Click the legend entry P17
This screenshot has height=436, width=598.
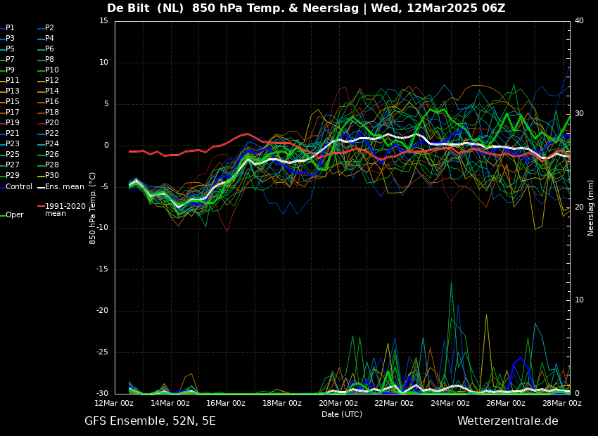pos(13,113)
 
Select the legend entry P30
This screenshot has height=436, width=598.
pos(52,176)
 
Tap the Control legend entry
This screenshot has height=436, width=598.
pos(18,187)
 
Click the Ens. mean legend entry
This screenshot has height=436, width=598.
pos(64,187)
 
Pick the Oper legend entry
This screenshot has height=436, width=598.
pos(14,215)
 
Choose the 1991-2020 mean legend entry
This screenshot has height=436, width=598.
pos(65,210)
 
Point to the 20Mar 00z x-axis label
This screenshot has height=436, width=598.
pos(338,403)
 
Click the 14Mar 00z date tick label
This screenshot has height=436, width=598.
pos(170,403)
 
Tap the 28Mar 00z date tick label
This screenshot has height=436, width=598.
pos(562,403)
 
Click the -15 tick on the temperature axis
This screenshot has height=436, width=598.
pos(103,269)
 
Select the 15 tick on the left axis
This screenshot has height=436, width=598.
pos(104,21)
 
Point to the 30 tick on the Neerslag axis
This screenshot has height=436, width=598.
pos(580,114)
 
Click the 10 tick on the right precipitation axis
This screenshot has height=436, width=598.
pos(580,300)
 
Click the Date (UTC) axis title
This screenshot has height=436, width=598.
pos(342,415)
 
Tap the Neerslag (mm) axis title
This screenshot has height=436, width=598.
pos(591,207)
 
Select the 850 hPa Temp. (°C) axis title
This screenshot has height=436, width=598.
pos(93,207)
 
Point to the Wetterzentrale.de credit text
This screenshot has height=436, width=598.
pos(507,421)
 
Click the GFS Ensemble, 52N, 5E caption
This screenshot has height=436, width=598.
pos(150,421)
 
